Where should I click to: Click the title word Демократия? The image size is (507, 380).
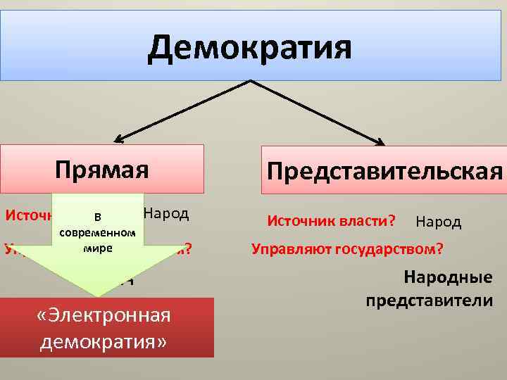pos(249,49)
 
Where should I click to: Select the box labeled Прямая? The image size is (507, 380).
pos(102,170)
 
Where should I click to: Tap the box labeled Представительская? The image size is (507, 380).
pos(384,171)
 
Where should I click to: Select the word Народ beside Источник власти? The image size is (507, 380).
pos(439,222)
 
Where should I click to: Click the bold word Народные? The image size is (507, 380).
pos(448,279)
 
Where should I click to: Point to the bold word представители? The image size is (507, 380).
pos(429,300)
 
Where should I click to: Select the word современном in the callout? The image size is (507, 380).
pos(97,232)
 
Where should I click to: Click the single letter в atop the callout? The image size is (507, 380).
pos(98,217)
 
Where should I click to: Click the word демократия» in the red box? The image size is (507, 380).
pos(105,342)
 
